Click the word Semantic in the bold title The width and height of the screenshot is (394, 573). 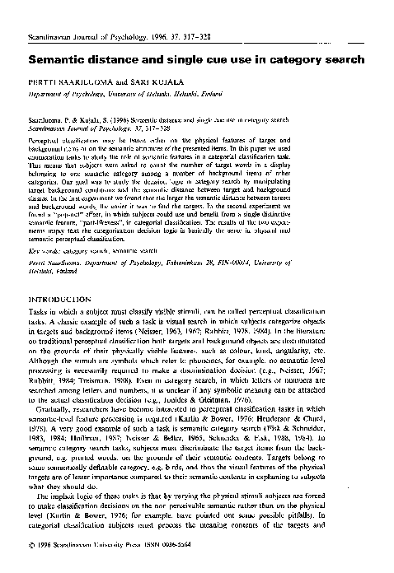[59, 61]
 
